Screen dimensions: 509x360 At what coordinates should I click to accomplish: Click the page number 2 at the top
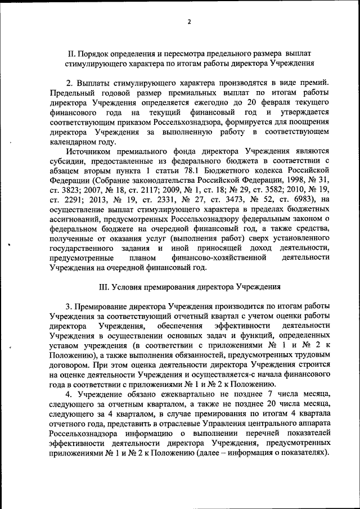[x=189, y=22]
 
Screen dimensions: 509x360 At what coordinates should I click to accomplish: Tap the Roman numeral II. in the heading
[x=71, y=53]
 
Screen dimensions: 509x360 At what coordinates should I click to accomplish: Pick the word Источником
[x=91, y=152]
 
